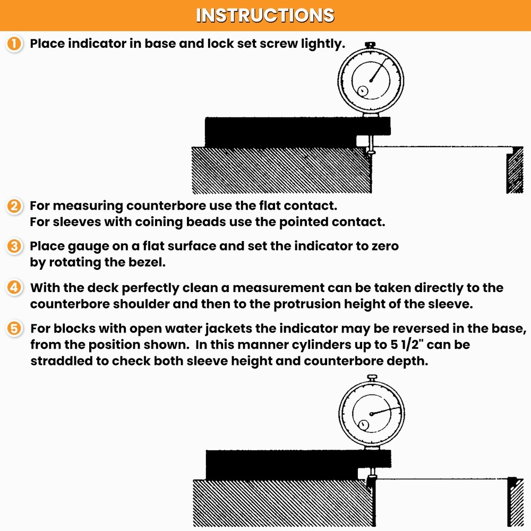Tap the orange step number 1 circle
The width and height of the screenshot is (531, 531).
[14, 44]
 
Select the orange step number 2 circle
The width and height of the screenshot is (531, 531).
[14, 206]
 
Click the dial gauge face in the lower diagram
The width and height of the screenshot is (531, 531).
[372, 413]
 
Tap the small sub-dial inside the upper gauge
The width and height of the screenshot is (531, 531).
[362, 91]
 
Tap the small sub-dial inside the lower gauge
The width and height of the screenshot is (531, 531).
[363, 425]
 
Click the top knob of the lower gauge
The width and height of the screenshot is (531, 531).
[372, 378]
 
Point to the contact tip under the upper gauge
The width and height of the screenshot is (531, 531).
[370, 154]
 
